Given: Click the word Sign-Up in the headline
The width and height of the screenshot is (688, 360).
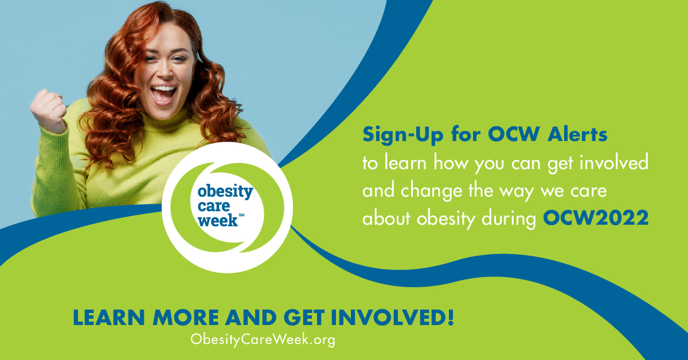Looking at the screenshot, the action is (403, 135).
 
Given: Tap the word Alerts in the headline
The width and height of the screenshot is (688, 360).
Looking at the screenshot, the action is (577, 134).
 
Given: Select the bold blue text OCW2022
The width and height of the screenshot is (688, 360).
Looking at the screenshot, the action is (596, 218).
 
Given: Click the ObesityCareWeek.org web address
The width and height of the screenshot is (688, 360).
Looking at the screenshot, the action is (263, 340).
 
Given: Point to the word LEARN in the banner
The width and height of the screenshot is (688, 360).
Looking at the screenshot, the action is (109, 318).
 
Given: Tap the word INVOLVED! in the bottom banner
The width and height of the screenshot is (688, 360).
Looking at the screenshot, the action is (392, 318).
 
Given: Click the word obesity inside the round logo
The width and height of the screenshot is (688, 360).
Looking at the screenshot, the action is (225, 191).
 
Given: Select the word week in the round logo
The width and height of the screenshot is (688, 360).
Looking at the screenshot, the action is (218, 220).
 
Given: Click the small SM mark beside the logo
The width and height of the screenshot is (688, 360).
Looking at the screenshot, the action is (241, 215).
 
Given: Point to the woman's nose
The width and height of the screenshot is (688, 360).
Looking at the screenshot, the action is (166, 72).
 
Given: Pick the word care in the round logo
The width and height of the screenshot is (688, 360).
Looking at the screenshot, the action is (214, 206).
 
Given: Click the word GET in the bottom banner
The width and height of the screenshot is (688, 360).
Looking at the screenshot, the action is (304, 318).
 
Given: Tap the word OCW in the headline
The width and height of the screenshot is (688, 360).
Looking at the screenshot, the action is (514, 134).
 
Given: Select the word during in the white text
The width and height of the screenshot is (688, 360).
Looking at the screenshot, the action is (509, 219).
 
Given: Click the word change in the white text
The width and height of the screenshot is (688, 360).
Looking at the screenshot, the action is (432, 191).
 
